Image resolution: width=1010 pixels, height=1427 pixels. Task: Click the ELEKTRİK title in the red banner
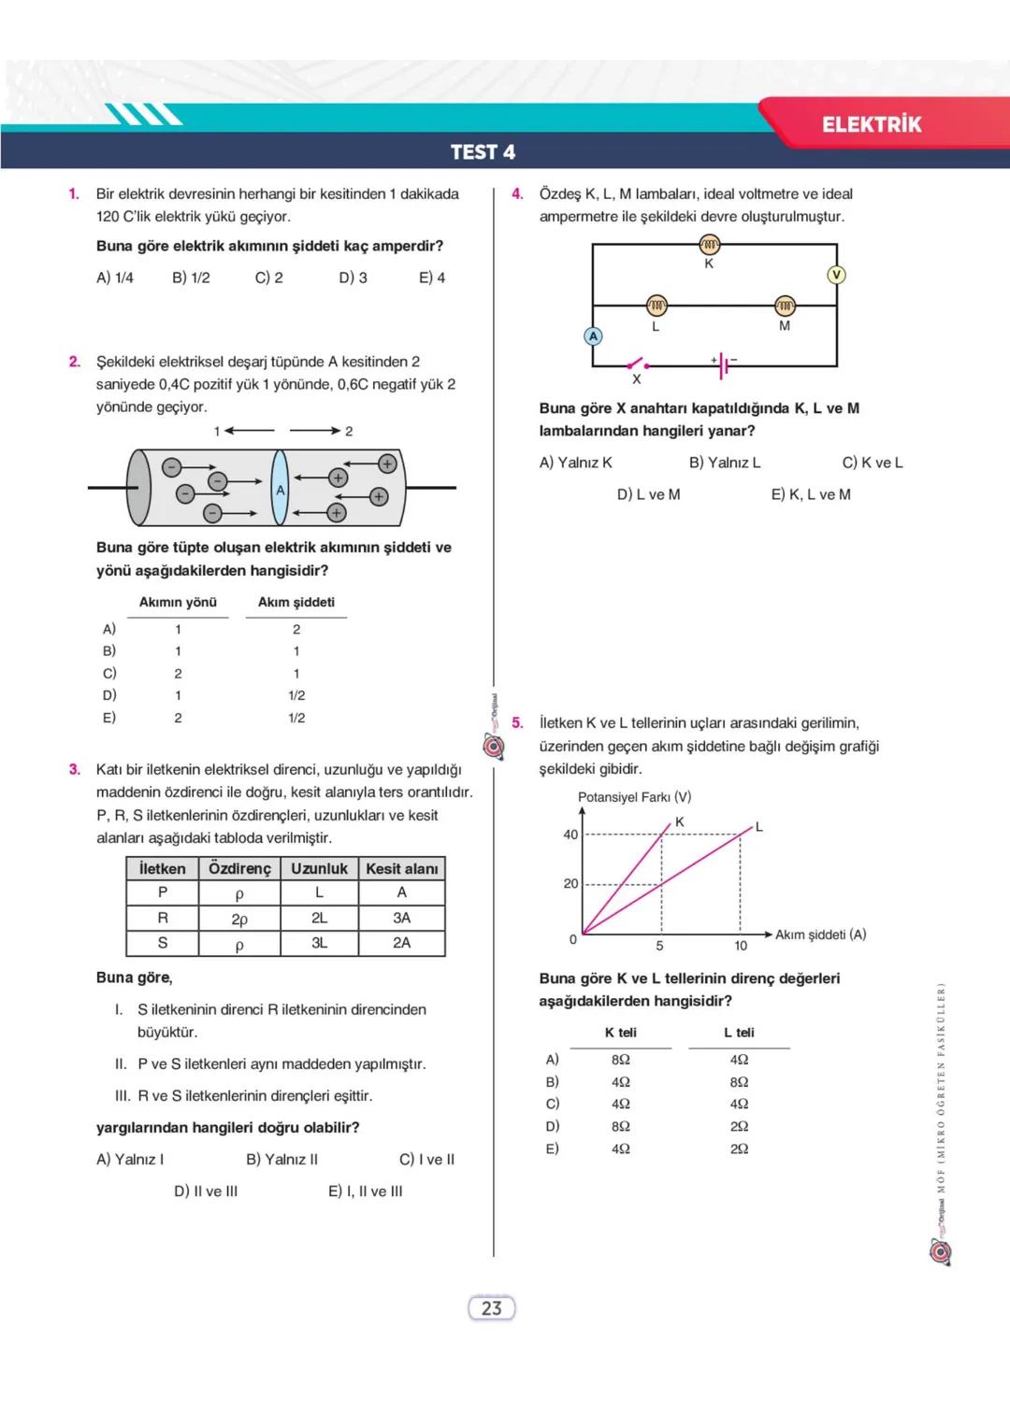pyautogui.click(x=871, y=124)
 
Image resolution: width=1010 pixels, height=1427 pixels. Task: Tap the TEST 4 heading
pyautogui.click(x=483, y=152)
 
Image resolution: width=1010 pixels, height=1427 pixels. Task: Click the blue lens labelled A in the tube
pyautogui.click(x=280, y=489)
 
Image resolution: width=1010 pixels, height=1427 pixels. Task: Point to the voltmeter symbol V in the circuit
pyautogui.click(x=836, y=275)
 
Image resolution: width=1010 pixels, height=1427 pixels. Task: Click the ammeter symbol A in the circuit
pyautogui.click(x=593, y=336)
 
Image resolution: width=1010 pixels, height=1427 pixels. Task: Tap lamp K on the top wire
pyautogui.click(x=709, y=245)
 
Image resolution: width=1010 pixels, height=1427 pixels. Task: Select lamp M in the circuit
pyautogui.click(x=784, y=307)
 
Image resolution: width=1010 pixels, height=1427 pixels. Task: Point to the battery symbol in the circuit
pyautogui.click(x=724, y=366)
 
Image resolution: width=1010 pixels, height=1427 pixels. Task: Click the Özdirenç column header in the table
pyautogui.click(x=239, y=869)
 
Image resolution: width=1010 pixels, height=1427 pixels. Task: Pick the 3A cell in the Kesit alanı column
pyautogui.click(x=401, y=919)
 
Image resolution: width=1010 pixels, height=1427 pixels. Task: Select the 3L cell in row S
pyautogui.click(x=319, y=943)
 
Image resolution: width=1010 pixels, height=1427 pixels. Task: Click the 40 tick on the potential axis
pyautogui.click(x=570, y=835)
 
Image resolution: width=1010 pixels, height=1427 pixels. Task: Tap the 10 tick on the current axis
pyautogui.click(x=741, y=946)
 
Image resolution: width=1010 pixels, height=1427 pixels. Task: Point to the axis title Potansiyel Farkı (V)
pyautogui.click(x=634, y=797)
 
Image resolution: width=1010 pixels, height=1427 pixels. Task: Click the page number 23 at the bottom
pyautogui.click(x=491, y=1308)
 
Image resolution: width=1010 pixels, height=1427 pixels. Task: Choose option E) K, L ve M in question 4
pyautogui.click(x=811, y=494)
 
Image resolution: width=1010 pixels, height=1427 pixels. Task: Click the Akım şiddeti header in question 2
pyautogui.click(x=296, y=603)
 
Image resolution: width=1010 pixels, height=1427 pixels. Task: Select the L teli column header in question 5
pyautogui.click(x=739, y=1033)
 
